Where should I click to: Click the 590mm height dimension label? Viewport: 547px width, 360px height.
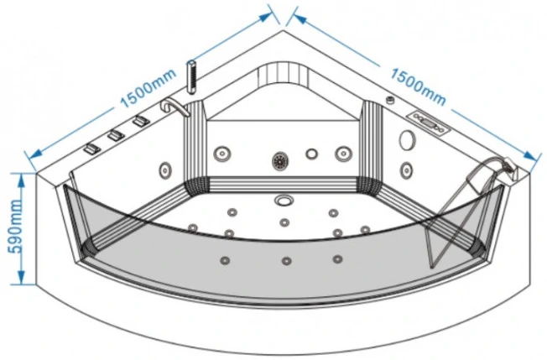tap(15, 227)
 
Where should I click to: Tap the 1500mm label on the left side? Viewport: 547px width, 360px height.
tap(148, 88)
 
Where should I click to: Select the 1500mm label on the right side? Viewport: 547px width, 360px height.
tap(418, 86)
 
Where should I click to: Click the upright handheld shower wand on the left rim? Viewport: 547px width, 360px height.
tap(191, 76)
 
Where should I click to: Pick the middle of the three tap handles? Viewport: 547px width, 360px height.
tap(116, 135)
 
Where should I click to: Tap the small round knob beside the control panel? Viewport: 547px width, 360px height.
tap(390, 100)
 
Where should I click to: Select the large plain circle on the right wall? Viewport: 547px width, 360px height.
tap(407, 140)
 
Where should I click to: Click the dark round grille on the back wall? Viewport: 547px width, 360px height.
tap(280, 161)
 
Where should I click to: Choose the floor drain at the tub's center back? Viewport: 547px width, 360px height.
tap(284, 201)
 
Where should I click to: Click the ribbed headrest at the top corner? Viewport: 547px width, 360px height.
tap(284, 74)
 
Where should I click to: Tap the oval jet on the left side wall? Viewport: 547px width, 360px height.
tap(165, 170)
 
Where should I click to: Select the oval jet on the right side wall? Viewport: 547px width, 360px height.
tap(407, 170)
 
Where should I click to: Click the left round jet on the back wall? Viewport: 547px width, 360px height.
tap(221, 154)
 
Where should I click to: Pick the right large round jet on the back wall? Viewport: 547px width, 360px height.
tap(343, 153)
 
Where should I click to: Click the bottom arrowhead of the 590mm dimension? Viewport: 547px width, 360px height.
tap(21, 277)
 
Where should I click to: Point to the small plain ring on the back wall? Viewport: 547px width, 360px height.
tap(311, 154)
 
